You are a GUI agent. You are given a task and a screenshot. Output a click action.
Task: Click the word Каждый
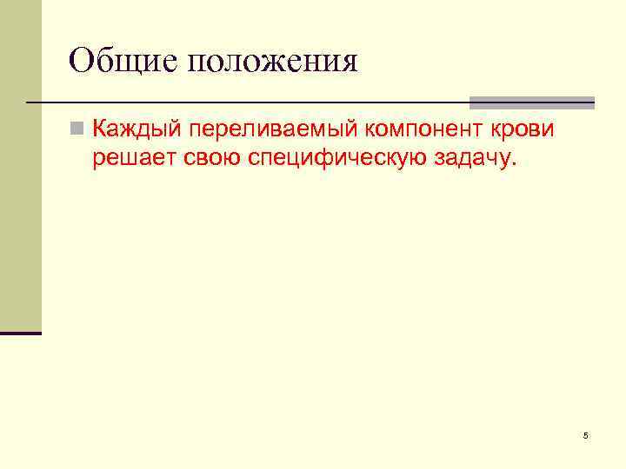(133, 131)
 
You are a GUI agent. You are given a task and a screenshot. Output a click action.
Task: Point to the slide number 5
(586, 435)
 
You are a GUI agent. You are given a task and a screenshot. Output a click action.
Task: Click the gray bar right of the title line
(532, 102)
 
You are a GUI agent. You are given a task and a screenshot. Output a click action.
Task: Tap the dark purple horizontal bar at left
(21, 333)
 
